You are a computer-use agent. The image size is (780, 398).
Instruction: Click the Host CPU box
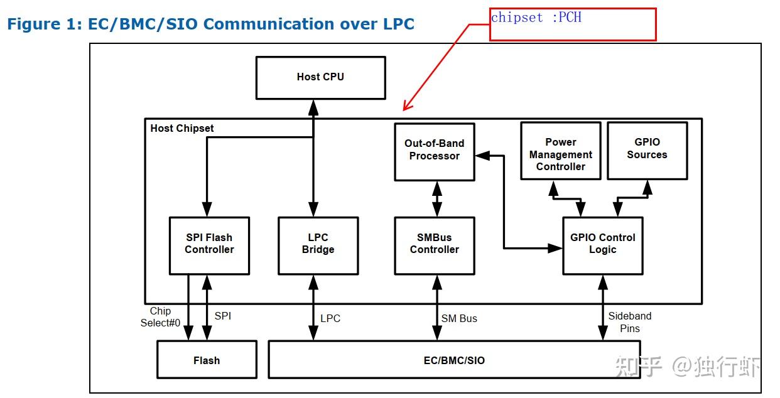(320, 77)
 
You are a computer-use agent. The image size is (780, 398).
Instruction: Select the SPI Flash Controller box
(209, 245)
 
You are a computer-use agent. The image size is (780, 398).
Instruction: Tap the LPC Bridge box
(318, 245)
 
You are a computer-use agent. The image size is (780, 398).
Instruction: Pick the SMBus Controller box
(434, 245)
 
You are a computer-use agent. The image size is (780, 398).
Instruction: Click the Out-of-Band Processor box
(434, 151)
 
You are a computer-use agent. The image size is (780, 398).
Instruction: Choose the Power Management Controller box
(560, 151)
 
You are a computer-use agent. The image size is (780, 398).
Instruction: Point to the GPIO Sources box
(647, 150)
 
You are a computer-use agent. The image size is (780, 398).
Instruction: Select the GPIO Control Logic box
(602, 245)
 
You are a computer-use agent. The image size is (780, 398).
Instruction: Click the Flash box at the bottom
(206, 360)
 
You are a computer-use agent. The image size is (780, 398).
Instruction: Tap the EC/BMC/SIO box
(454, 360)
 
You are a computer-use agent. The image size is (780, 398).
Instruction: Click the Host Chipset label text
(182, 128)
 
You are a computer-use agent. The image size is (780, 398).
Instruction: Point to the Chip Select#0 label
(160, 317)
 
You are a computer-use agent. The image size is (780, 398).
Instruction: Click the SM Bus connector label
(459, 318)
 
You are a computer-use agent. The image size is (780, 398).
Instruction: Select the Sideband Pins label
(629, 322)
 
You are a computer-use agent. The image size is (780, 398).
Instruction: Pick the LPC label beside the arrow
(330, 318)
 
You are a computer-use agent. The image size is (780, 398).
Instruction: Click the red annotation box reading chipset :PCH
(572, 24)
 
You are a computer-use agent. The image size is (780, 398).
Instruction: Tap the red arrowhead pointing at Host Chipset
(407, 107)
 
